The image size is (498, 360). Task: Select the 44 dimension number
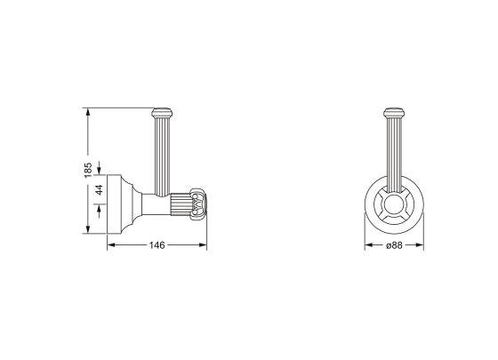[100, 188]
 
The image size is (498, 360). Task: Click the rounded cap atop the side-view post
[162, 113]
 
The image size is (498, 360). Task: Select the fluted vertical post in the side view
[162, 156]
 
